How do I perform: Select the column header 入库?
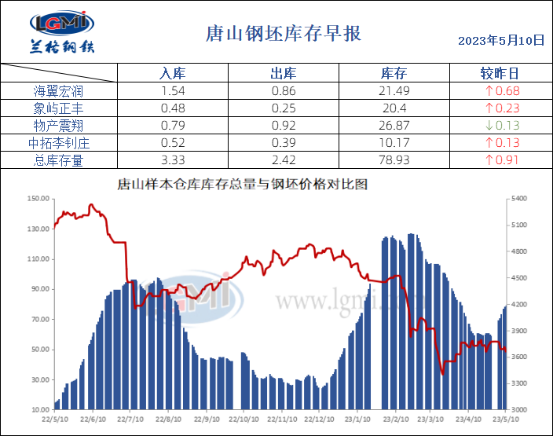[x=172, y=74]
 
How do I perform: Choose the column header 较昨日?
[x=500, y=74]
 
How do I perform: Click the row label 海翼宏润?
[x=59, y=91]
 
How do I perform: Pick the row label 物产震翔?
[x=59, y=126]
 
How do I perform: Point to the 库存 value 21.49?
[x=394, y=91]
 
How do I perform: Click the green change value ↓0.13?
[x=502, y=126]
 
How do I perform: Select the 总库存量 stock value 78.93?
[x=394, y=160]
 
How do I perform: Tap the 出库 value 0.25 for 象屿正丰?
[x=283, y=108]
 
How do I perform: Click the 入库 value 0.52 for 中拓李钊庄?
[x=172, y=143]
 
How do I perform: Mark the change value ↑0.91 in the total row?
[x=502, y=160]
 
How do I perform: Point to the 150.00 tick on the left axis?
[x=38, y=199]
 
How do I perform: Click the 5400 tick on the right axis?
[x=521, y=199]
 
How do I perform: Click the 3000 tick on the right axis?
[x=521, y=410]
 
